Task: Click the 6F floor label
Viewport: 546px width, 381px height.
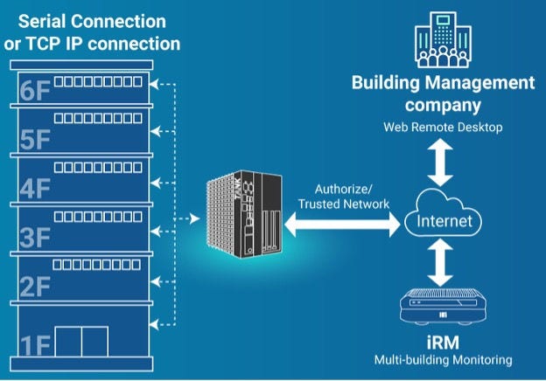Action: (x=34, y=92)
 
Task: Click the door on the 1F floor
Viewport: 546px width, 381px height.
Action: (x=80, y=343)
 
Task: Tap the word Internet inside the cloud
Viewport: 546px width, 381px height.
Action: (x=444, y=221)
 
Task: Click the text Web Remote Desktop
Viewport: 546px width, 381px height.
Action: (x=443, y=128)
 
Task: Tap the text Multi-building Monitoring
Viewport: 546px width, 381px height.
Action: (x=443, y=359)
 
